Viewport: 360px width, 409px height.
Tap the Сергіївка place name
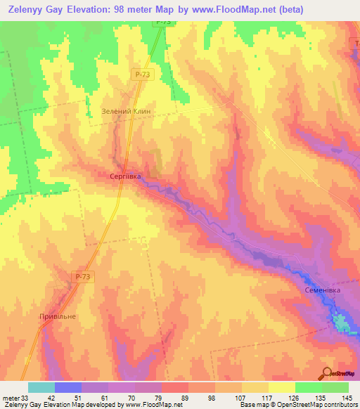127,177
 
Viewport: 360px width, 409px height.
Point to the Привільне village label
57,316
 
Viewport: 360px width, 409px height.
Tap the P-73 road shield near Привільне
83,278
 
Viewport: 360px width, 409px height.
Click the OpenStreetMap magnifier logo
326,372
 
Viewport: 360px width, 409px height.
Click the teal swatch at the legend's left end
41,387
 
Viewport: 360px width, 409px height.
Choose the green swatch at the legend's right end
335,387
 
